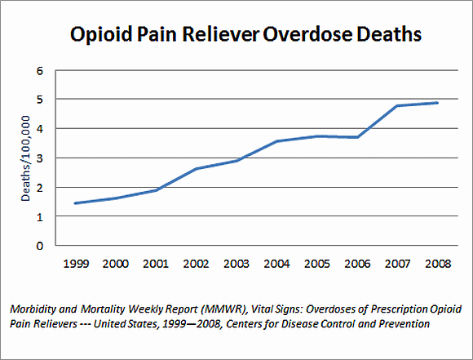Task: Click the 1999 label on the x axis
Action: point(75,264)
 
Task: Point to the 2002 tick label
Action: point(197,264)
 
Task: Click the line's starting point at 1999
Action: point(75,203)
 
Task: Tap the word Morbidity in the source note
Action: point(33,310)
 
